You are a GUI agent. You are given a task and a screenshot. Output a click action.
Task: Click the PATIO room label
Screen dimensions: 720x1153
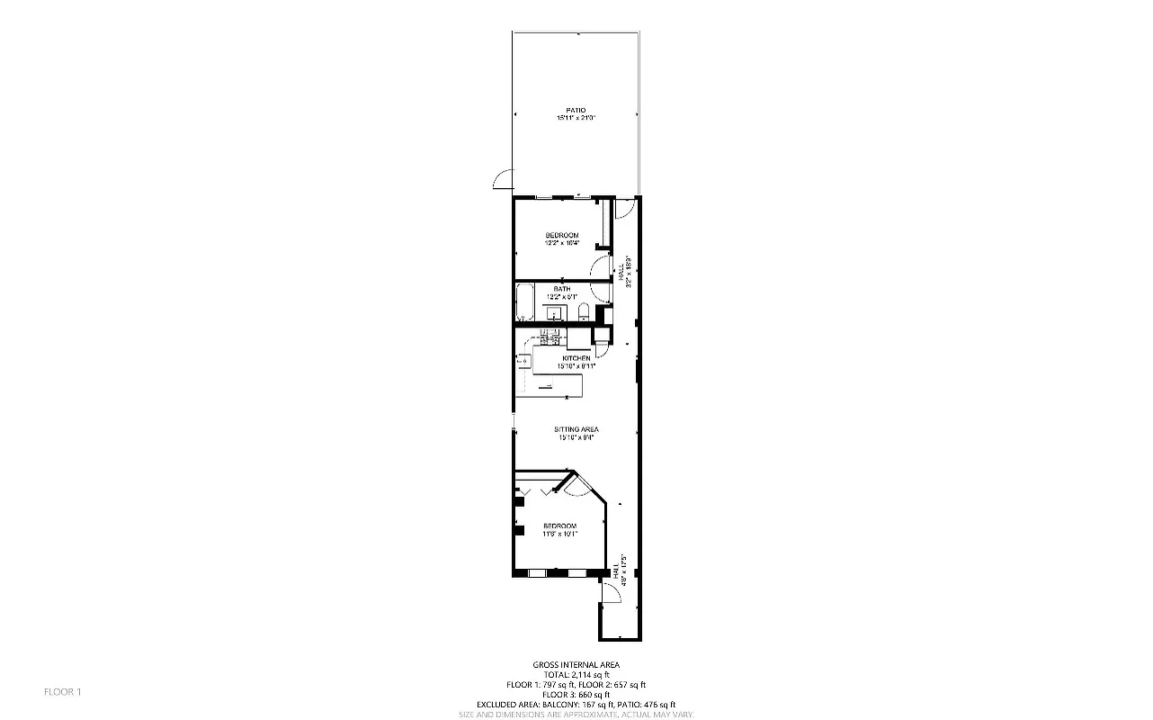click(576, 110)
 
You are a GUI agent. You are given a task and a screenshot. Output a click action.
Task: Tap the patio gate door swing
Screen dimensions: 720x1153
click(503, 181)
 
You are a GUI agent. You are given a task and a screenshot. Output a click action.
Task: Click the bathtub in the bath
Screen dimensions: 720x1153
click(524, 303)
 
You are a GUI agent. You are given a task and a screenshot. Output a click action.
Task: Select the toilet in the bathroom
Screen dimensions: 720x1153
click(584, 312)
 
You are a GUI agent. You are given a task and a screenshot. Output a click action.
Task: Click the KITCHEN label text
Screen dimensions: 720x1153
click(576, 358)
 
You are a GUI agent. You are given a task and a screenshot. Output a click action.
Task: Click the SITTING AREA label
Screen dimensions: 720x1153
click(576, 429)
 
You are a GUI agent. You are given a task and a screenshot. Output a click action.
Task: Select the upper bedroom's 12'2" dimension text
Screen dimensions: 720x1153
click(553, 243)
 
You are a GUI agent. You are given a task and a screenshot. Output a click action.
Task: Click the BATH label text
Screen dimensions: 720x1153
click(562, 289)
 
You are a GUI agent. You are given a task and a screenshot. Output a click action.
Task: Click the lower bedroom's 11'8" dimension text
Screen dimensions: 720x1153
click(549, 534)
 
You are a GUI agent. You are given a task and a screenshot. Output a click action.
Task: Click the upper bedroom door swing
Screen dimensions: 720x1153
click(598, 267)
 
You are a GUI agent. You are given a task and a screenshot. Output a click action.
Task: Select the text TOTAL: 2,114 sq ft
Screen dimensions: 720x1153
click(576, 674)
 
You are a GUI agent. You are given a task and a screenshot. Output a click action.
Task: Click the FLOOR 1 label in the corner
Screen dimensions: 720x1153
click(63, 691)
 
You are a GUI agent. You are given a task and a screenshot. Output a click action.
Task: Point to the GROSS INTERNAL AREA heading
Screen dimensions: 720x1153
click(576, 664)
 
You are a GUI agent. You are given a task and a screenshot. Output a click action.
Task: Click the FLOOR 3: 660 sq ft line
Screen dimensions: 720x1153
click(576, 695)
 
